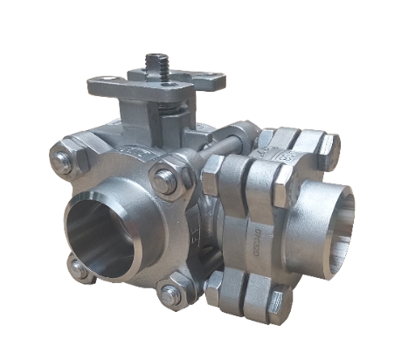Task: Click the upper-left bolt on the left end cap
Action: pyautogui.click(x=63, y=161)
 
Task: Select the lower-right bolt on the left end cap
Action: pyautogui.click(x=172, y=294)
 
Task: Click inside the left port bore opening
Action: pyautogui.click(x=98, y=232)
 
